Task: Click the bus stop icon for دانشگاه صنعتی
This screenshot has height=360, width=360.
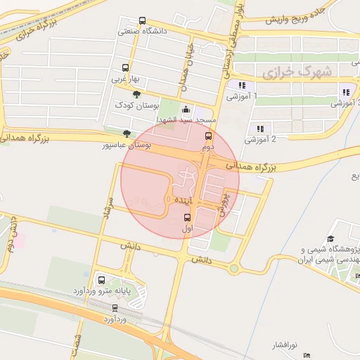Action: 143,21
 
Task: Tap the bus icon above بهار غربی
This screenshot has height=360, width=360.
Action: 125,68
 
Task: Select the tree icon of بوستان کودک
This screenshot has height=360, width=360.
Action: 136,94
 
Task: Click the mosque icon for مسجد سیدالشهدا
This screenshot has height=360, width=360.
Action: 186,109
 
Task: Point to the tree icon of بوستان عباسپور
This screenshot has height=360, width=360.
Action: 127,133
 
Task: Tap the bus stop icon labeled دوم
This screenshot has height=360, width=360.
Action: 207,136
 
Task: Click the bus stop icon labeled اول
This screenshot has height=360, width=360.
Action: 187,217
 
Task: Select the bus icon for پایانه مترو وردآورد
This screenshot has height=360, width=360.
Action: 101,278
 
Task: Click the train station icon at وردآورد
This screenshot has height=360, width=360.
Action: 115,308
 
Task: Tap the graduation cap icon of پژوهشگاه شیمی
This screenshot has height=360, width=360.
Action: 331,240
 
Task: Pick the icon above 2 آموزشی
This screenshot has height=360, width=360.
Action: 260,129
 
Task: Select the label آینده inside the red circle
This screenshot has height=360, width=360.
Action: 178,201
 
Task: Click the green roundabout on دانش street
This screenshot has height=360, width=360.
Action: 233,268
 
